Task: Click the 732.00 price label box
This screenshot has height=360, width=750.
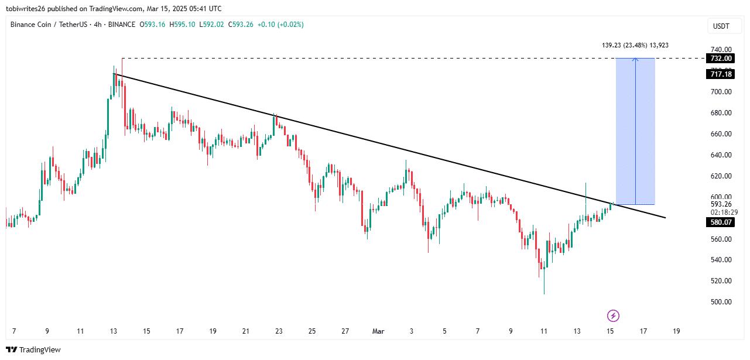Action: [x=721, y=59]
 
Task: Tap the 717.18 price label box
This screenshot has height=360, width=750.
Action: [x=721, y=74]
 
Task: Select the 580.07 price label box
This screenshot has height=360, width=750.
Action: [x=721, y=222]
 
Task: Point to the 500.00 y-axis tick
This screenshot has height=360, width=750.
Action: [x=721, y=302]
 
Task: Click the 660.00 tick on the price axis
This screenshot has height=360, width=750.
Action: [x=721, y=134]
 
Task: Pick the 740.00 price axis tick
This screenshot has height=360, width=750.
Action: [x=721, y=50]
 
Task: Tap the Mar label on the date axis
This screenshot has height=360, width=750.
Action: [x=378, y=331]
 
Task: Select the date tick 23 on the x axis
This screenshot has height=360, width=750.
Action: [x=279, y=331]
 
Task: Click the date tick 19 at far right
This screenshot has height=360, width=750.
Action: [x=676, y=331]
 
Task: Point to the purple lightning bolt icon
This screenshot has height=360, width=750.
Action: [x=613, y=316]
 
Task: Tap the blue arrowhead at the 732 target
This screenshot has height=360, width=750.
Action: [x=635, y=59]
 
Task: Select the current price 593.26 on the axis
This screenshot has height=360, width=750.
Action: [x=721, y=204]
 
